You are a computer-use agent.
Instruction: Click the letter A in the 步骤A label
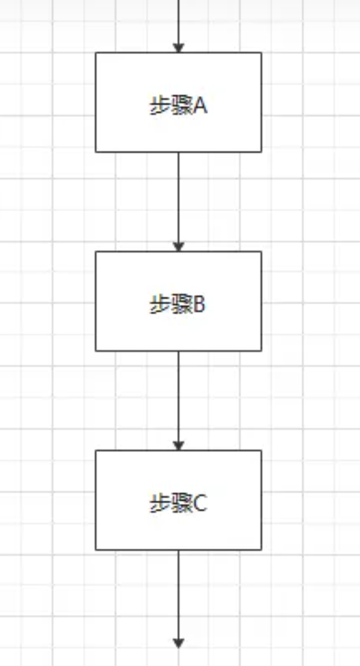[x=199, y=106]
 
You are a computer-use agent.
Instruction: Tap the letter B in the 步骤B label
[x=199, y=305]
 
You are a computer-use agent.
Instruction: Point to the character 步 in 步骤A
[x=158, y=106]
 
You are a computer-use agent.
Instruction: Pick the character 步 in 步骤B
[x=158, y=305]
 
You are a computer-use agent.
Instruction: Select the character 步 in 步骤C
[x=158, y=504]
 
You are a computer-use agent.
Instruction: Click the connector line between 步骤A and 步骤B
[x=179, y=196]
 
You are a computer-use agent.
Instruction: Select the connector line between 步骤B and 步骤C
[x=179, y=394]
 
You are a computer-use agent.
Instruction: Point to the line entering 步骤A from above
[x=179, y=21]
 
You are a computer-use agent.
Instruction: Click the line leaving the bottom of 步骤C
[x=179, y=593]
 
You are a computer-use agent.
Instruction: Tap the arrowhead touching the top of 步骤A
[x=179, y=48]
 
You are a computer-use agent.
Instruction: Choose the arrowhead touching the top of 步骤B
[x=179, y=247]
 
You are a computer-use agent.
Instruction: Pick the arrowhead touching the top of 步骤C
[x=179, y=446]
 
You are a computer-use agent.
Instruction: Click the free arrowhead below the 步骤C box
[x=179, y=643]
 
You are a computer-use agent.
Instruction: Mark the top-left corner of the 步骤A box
[x=96, y=53]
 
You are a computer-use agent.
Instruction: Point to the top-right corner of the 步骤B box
[x=261, y=251]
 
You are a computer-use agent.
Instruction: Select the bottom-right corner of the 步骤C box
[x=261, y=549]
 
